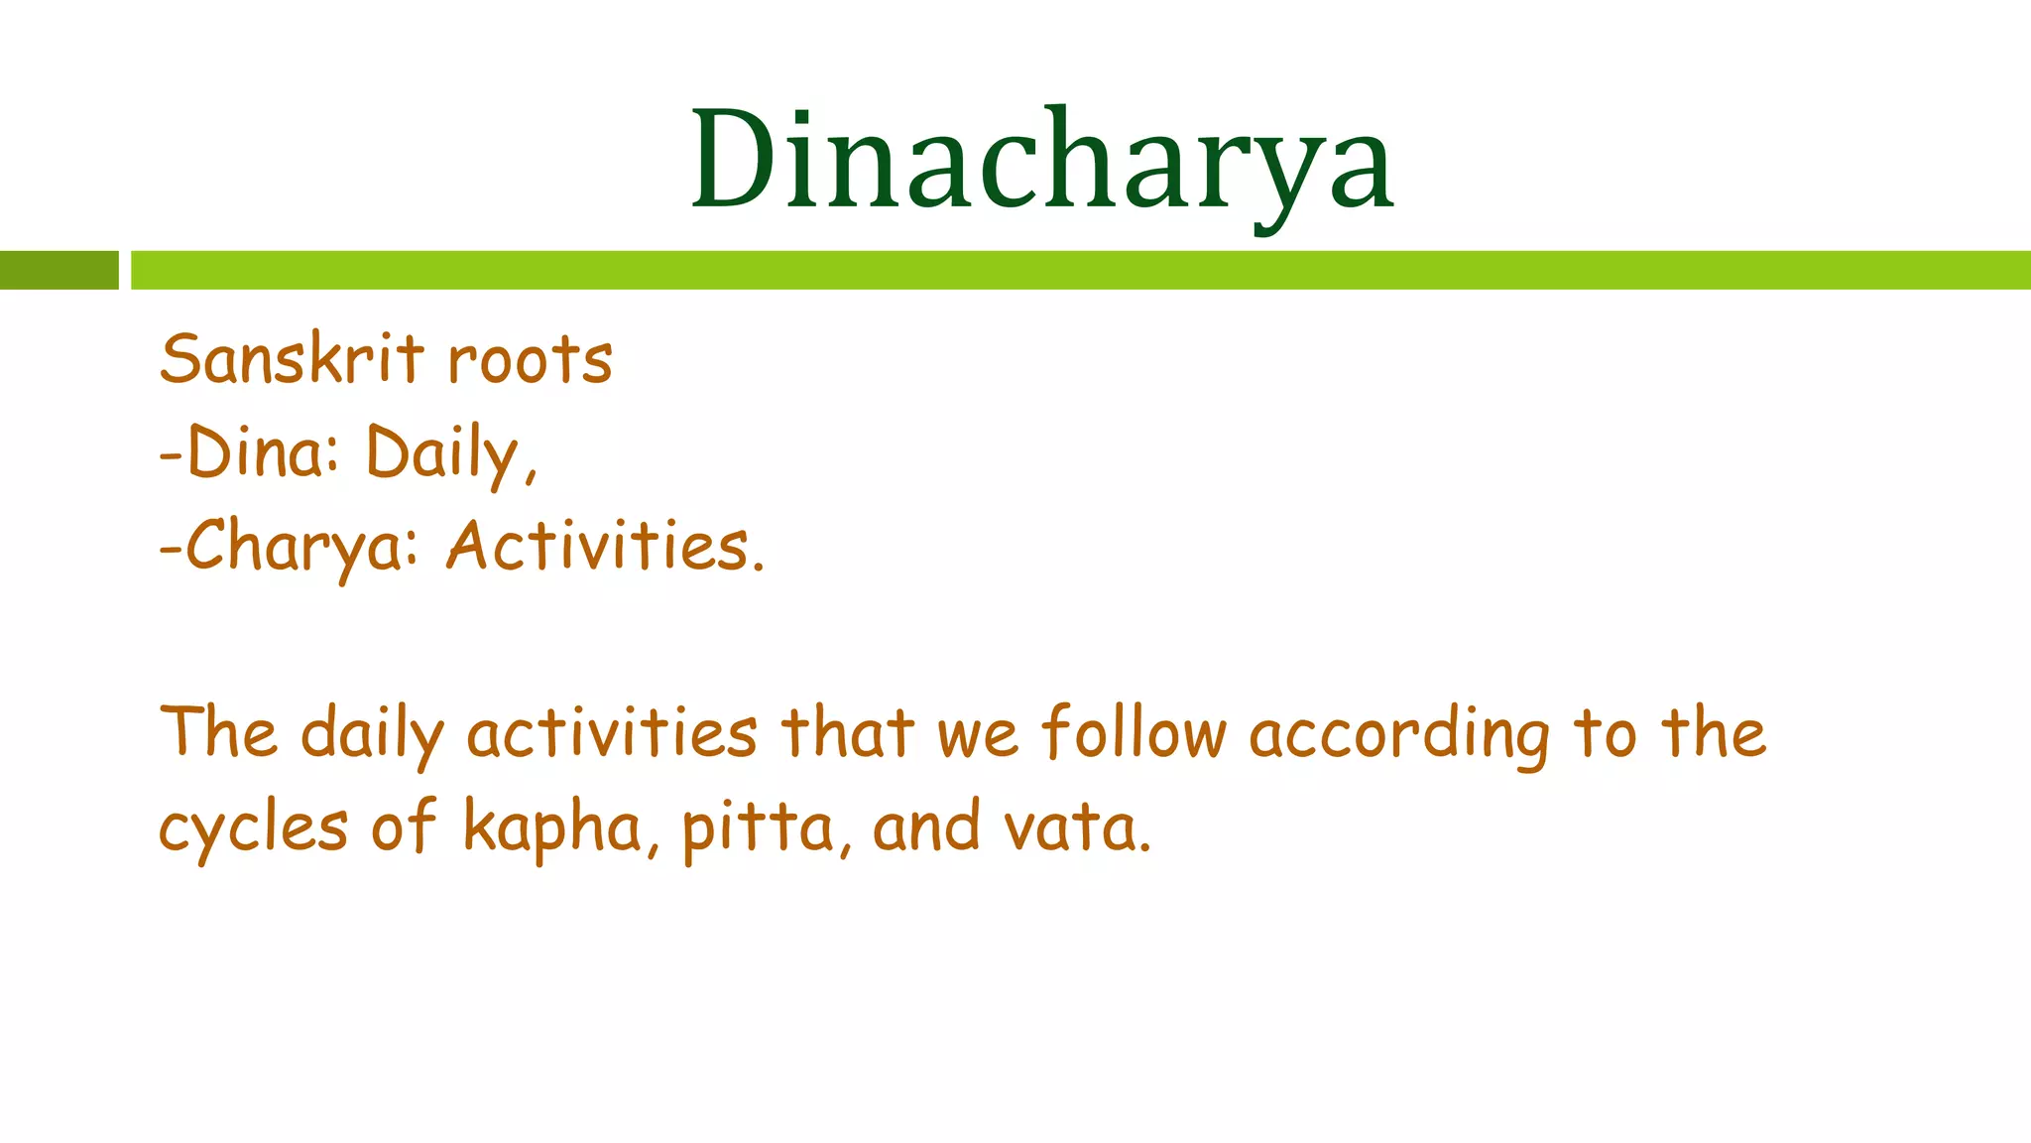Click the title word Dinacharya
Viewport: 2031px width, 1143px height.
1041,162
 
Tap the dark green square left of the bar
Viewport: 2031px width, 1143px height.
59,270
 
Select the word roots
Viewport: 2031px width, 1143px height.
530,360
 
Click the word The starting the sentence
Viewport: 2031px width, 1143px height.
219,732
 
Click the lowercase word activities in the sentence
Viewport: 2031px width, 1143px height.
612,733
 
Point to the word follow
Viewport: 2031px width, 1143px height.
1134,733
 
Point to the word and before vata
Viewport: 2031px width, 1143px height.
926,827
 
